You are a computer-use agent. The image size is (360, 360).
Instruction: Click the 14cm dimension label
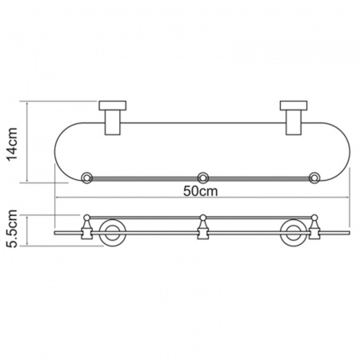coord(12,144)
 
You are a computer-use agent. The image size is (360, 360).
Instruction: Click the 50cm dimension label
coord(201,191)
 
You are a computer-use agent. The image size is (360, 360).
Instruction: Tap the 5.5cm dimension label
coord(12,229)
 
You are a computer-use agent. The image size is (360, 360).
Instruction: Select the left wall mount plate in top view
coord(113,106)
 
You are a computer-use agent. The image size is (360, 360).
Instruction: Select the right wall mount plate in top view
coord(294,106)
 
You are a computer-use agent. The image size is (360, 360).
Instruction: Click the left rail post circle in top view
coord(86,178)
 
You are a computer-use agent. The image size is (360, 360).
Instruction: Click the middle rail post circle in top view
coord(203,178)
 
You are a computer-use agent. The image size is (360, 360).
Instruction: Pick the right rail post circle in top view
coord(314,178)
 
